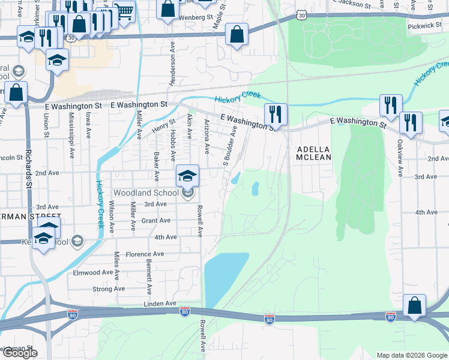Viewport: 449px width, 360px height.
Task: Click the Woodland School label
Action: [146, 193]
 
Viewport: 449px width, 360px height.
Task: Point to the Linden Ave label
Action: [158, 305]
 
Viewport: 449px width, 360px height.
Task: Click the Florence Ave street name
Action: [145, 254]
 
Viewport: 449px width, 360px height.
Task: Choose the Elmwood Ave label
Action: [93, 272]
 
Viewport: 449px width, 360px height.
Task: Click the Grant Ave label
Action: [157, 220]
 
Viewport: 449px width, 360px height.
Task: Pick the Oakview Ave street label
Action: [400, 158]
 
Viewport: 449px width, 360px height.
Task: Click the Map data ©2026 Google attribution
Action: [412, 355]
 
